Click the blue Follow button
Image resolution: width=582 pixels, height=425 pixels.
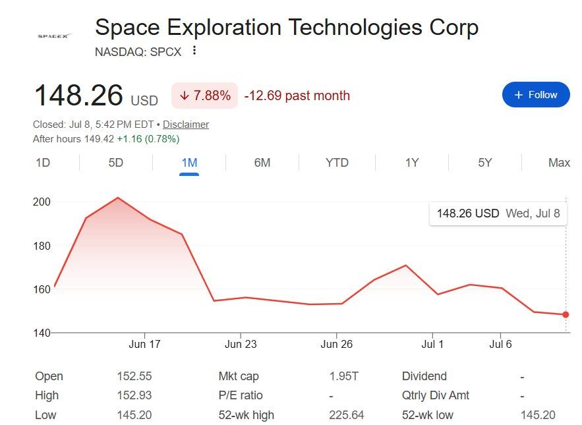coord(536,95)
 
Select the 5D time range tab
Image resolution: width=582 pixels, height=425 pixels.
coord(116,163)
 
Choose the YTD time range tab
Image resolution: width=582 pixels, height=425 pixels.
coord(337,163)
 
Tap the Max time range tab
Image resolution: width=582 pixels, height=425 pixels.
coord(559,163)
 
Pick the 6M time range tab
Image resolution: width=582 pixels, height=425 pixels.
coord(262,163)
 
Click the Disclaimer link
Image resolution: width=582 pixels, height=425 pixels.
coord(186,125)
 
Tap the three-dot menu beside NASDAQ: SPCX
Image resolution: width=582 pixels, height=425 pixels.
coord(194,50)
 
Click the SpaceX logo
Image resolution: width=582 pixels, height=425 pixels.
coord(54,36)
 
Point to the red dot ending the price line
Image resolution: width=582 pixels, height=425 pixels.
coord(566,314)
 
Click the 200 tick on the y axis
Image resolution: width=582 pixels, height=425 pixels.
coord(42,202)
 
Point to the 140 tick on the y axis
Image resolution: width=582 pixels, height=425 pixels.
coord(42,333)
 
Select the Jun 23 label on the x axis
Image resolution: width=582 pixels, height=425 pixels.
coord(241,344)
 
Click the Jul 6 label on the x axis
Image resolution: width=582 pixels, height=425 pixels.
coord(500,344)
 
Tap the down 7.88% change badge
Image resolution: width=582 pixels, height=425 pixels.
coord(204,96)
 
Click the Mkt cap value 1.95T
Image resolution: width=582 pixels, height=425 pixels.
coord(343,376)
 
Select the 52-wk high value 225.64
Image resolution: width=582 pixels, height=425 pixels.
coord(346,414)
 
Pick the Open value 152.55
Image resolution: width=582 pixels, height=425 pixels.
coord(134,376)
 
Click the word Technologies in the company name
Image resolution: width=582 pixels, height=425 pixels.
coord(355,28)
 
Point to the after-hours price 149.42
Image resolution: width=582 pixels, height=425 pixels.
coord(99,139)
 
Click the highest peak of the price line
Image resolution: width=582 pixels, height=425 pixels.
coord(118,198)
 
